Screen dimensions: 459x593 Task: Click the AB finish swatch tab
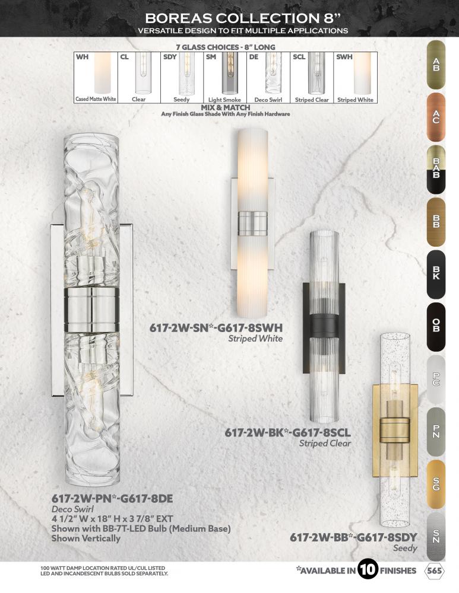(x=436, y=65)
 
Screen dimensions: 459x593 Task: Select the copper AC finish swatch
(x=436, y=117)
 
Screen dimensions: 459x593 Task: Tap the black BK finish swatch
(x=436, y=274)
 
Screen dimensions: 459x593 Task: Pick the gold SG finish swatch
(x=436, y=484)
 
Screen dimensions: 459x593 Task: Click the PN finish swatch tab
(x=436, y=432)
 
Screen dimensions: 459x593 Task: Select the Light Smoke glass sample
(x=229, y=74)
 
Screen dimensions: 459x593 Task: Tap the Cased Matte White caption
(x=96, y=99)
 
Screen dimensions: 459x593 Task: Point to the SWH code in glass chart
(x=344, y=57)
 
